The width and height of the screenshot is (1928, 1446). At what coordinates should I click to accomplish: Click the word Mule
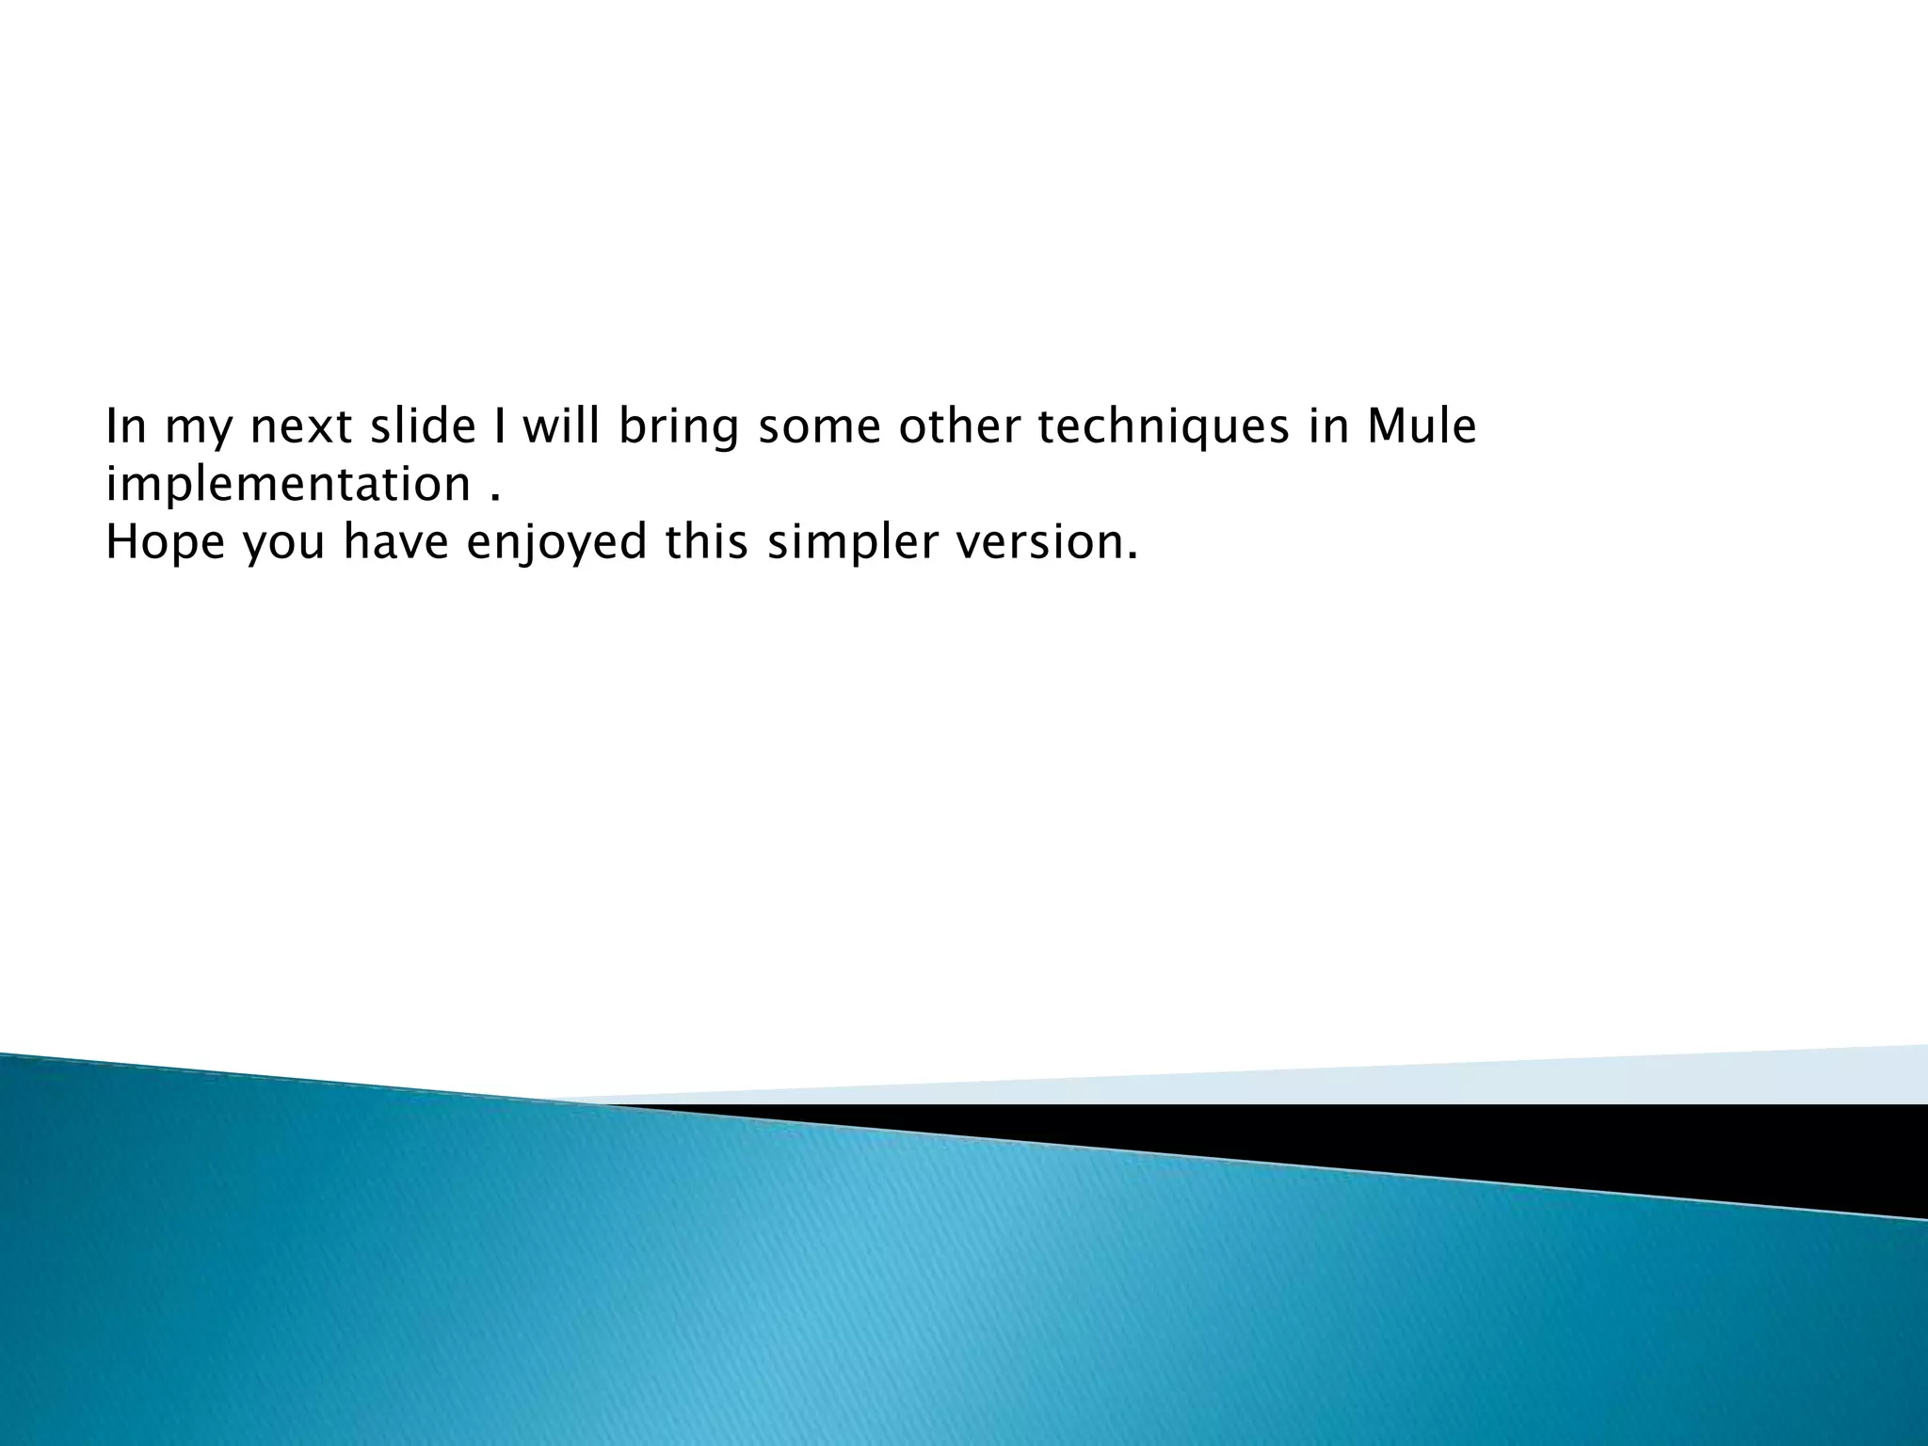1422,427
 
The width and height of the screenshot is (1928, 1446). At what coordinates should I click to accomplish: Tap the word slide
423,427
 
